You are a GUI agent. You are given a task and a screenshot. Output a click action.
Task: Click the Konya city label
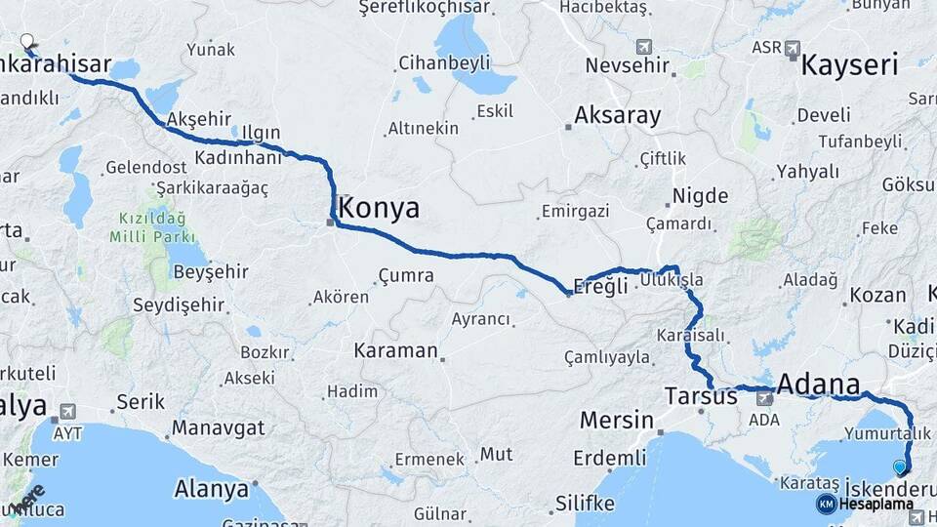(x=380, y=207)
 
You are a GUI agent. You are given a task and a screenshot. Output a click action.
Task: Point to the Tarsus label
(x=701, y=396)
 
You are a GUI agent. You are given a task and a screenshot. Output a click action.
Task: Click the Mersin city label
(x=616, y=421)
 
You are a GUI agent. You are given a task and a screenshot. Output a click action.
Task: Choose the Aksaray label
(x=617, y=115)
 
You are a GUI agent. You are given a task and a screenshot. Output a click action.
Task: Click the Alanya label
(x=211, y=489)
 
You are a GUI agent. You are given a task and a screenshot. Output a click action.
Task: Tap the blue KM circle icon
(x=827, y=504)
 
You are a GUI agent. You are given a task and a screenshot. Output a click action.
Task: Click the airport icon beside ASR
(x=792, y=47)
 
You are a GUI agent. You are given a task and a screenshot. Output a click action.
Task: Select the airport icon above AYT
(x=67, y=412)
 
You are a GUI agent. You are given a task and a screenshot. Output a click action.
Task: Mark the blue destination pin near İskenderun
(x=900, y=467)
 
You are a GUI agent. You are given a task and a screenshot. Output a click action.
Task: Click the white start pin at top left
(x=27, y=42)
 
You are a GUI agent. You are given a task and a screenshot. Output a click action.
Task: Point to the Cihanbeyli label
(x=444, y=63)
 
